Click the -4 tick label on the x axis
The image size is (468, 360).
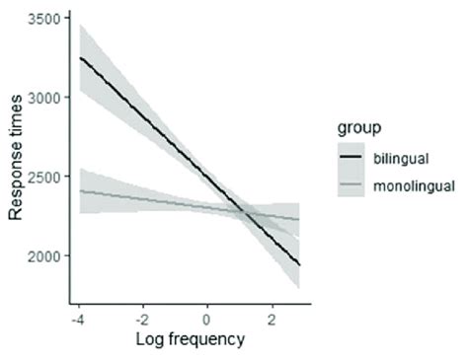[x=77, y=320]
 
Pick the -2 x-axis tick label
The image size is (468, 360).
[x=141, y=320]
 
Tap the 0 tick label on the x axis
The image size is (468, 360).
[x=207, y=320]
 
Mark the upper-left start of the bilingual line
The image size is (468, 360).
[x=80, y=58]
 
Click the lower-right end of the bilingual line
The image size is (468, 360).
[x=299, y=265]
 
